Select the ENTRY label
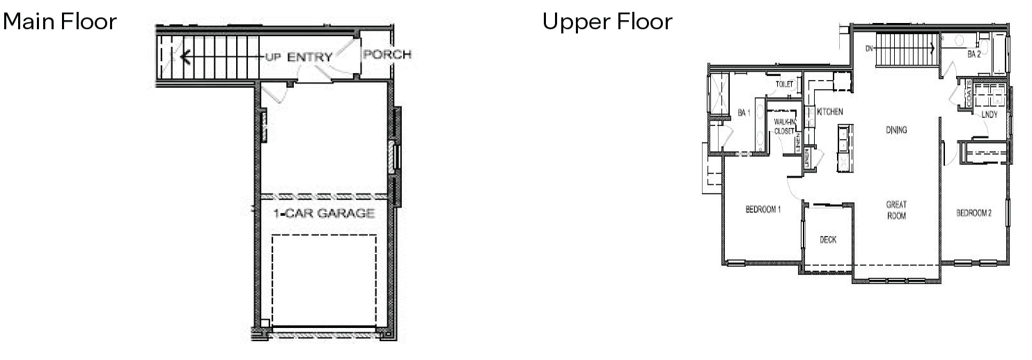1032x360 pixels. coord(309,57)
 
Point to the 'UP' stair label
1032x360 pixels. coord(272,57)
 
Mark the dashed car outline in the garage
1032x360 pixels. coord(324,279)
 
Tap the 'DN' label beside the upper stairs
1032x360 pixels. coord(869,49)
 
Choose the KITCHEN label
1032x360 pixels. coord(830,111)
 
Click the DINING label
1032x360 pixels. coord(896,130)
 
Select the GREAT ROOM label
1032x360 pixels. coord(896,210)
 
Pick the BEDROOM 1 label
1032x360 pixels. coord(763,210)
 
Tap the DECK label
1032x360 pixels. coord(827,240)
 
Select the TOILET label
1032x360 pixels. coord(784,84)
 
